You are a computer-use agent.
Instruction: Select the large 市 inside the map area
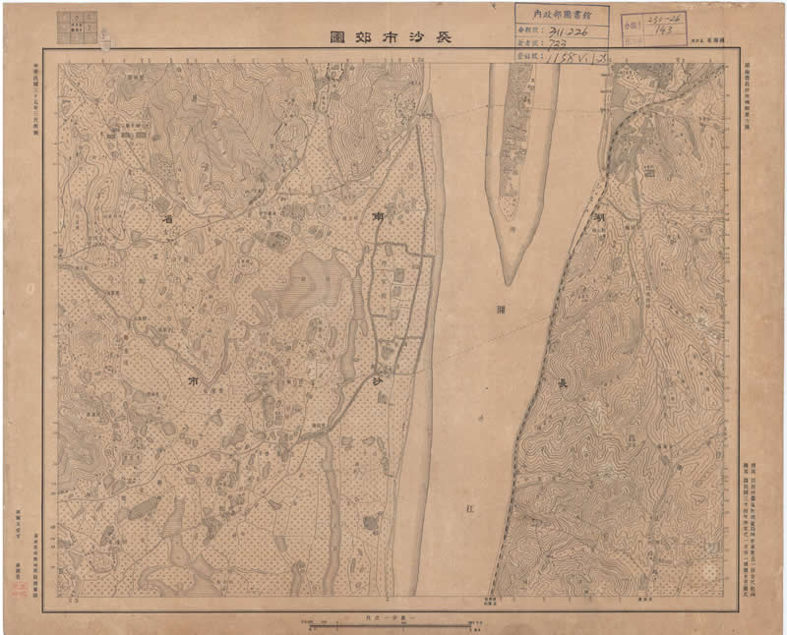pyautogui.click(x=192, y=377)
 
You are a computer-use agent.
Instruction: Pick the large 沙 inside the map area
pyautogui.click(x=378, y=381)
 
